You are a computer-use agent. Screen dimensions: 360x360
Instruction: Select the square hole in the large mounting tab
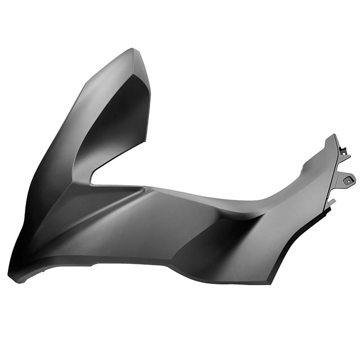coord(348,180)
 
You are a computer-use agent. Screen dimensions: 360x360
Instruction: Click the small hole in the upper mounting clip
coord(343,151)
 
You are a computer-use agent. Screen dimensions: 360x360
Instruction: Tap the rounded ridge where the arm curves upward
coord(264,202)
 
